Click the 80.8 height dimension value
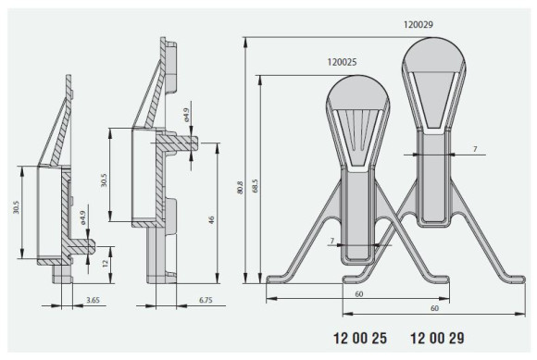click(x=240, y=188)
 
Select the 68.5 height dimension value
click(x=255, y=185)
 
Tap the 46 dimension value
click(x=211, y=219)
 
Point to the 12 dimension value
click(x=106, y=263)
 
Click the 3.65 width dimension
click(x=93, y=300)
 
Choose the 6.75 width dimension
click(x=206, y=300)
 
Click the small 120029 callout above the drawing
click(x=418, y=25)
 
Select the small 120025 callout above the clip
click(x=343, y=62)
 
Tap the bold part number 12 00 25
click(x=360, y=338)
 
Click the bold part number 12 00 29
click(x=437, y=338)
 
